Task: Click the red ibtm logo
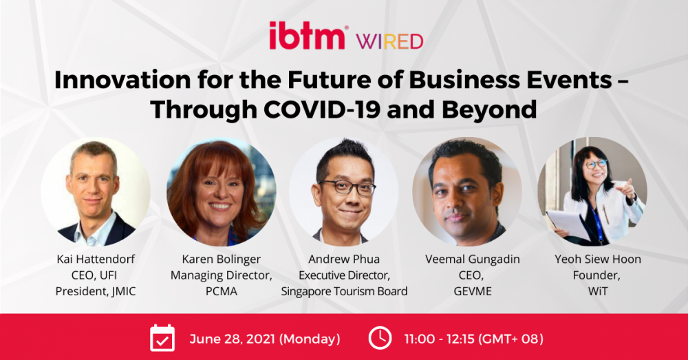coord(307,36)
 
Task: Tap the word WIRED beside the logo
coord(389,41)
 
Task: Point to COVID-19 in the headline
coord(321,109)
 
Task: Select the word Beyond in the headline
coord(489,110)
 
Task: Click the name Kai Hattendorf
coord(96,259)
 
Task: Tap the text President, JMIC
coord(96,291)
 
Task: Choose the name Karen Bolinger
coord(221,260)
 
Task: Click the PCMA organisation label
coord(221,291)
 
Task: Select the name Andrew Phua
coord(344,259)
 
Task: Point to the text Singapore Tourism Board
coord(344,292)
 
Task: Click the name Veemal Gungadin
coord(473,260)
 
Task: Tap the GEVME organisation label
coord(473,291)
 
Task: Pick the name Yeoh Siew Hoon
coord(598,259)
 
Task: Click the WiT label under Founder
coord(598,291)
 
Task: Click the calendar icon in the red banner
coord(162,338)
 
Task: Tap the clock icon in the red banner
coord(380,338)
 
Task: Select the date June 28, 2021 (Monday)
coord(265,339)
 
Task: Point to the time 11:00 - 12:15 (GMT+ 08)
coord(474,339)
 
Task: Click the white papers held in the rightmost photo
coord(568,224)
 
